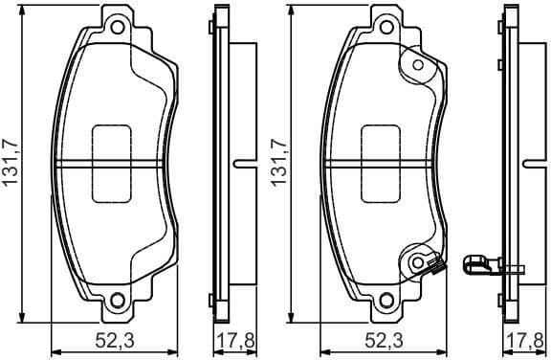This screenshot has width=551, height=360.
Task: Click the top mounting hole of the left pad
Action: (x=118, y=26)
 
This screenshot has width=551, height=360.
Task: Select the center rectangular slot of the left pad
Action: (x=113, y=164)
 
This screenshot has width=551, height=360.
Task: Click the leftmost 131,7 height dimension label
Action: (x=11, y=163)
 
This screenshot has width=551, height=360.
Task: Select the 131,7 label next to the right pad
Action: (x=279, y=163)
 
